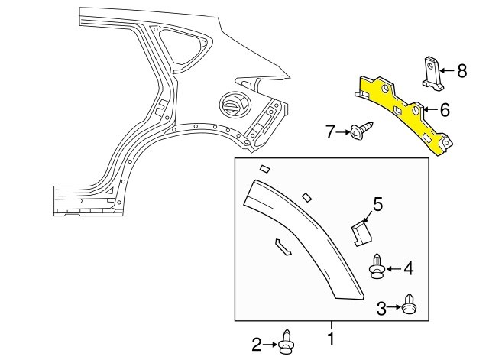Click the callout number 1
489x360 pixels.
331,339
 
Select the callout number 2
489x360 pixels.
257,345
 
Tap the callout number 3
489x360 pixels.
381,309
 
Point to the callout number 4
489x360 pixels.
408,268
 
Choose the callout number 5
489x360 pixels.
377,205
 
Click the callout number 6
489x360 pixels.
445,110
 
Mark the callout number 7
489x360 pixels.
330,131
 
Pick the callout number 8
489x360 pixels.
461,71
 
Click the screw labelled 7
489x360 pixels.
361,131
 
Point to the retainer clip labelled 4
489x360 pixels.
377,266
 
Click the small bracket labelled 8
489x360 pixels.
433,73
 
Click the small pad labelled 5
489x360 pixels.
361,232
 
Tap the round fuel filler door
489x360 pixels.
235,105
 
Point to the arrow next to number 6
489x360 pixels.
432,109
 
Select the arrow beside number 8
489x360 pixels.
447,71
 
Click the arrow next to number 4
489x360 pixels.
394,268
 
